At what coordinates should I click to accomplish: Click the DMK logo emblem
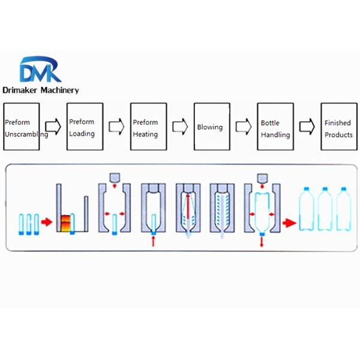tap(40, 70)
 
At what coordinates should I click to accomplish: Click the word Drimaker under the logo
tap(25, 91)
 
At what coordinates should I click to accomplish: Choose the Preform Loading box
tap(85, 127)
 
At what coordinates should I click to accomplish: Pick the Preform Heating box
tap(148, 127)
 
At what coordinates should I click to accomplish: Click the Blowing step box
tap(211, 127)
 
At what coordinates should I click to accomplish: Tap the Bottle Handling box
tap(275, 127)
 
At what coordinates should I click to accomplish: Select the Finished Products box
tap(338, 127)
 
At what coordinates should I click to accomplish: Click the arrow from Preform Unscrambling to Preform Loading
tap(54, 127)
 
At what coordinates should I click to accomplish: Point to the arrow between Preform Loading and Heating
tap(116, 127)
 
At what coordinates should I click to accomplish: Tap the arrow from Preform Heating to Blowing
tap(180, 127)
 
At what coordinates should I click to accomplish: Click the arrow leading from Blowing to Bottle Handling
tap(243, 127)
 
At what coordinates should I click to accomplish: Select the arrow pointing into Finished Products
tap(307, 127)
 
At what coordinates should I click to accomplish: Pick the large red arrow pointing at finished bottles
tap(290, 223)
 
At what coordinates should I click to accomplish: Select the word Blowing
tap(210, 127)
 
